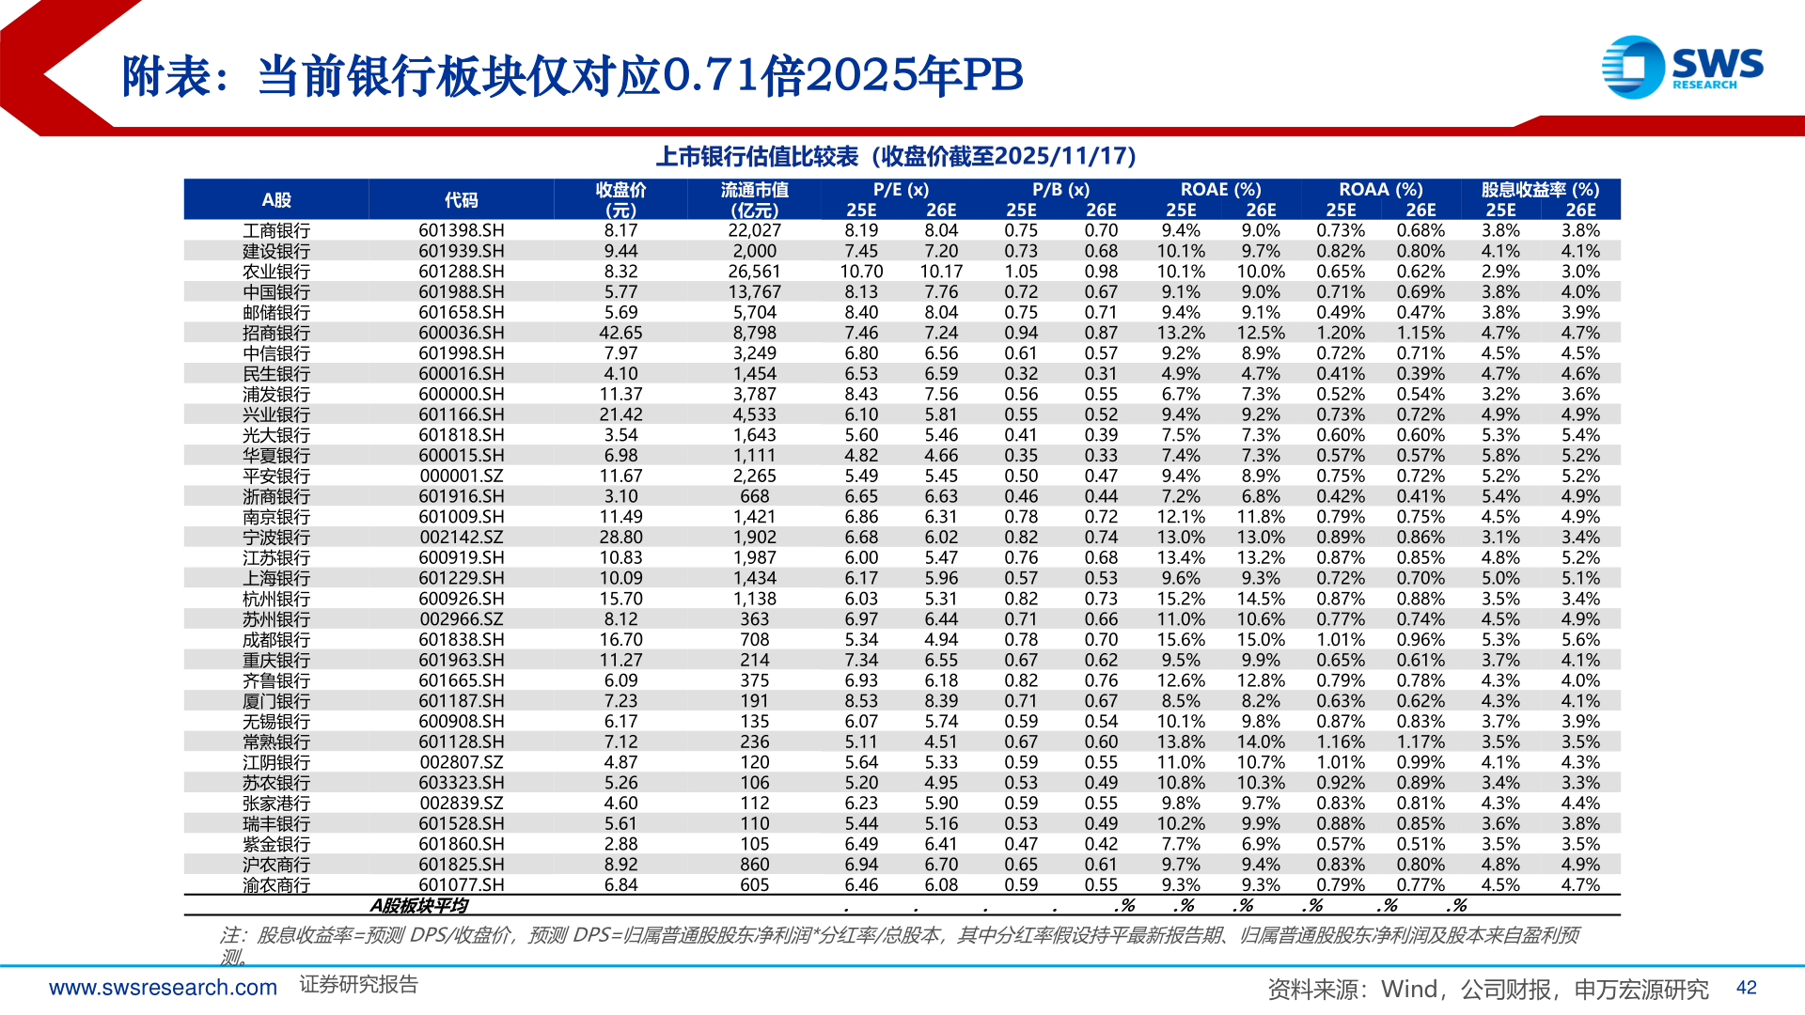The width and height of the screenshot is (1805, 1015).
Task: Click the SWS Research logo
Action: coord(1682,67)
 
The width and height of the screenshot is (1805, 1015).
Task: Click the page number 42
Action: coord(1746,988)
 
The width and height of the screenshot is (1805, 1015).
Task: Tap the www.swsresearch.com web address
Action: coord(163,988)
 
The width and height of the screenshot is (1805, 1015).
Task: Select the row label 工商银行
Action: coord(275,230)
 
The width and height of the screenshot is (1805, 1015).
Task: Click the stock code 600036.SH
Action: coord(461,333)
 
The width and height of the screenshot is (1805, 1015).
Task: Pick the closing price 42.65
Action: coord(620,333)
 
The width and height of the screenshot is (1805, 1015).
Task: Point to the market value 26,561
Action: coord(754,272)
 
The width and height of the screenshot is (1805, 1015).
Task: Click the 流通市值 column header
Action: coord(754,199)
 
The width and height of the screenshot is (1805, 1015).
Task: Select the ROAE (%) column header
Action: coord(1220,190)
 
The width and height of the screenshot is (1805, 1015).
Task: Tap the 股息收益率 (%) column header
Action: coord(1540,190)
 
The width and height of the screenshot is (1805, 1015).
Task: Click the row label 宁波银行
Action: coord(275,538)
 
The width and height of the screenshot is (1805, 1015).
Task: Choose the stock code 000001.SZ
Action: coord(461,476)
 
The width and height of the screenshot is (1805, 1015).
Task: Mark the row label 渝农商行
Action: coord(275,885)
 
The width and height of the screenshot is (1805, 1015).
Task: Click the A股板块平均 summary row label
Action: coord(418,906)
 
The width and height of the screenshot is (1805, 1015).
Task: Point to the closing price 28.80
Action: coord(620,538)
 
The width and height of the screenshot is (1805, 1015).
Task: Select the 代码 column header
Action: coord(461,200)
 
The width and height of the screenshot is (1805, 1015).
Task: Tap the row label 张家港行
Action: coord(275,804)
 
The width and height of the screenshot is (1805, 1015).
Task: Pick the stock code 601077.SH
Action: coord(461,885)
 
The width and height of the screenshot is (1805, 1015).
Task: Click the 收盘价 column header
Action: coord(620,199)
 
